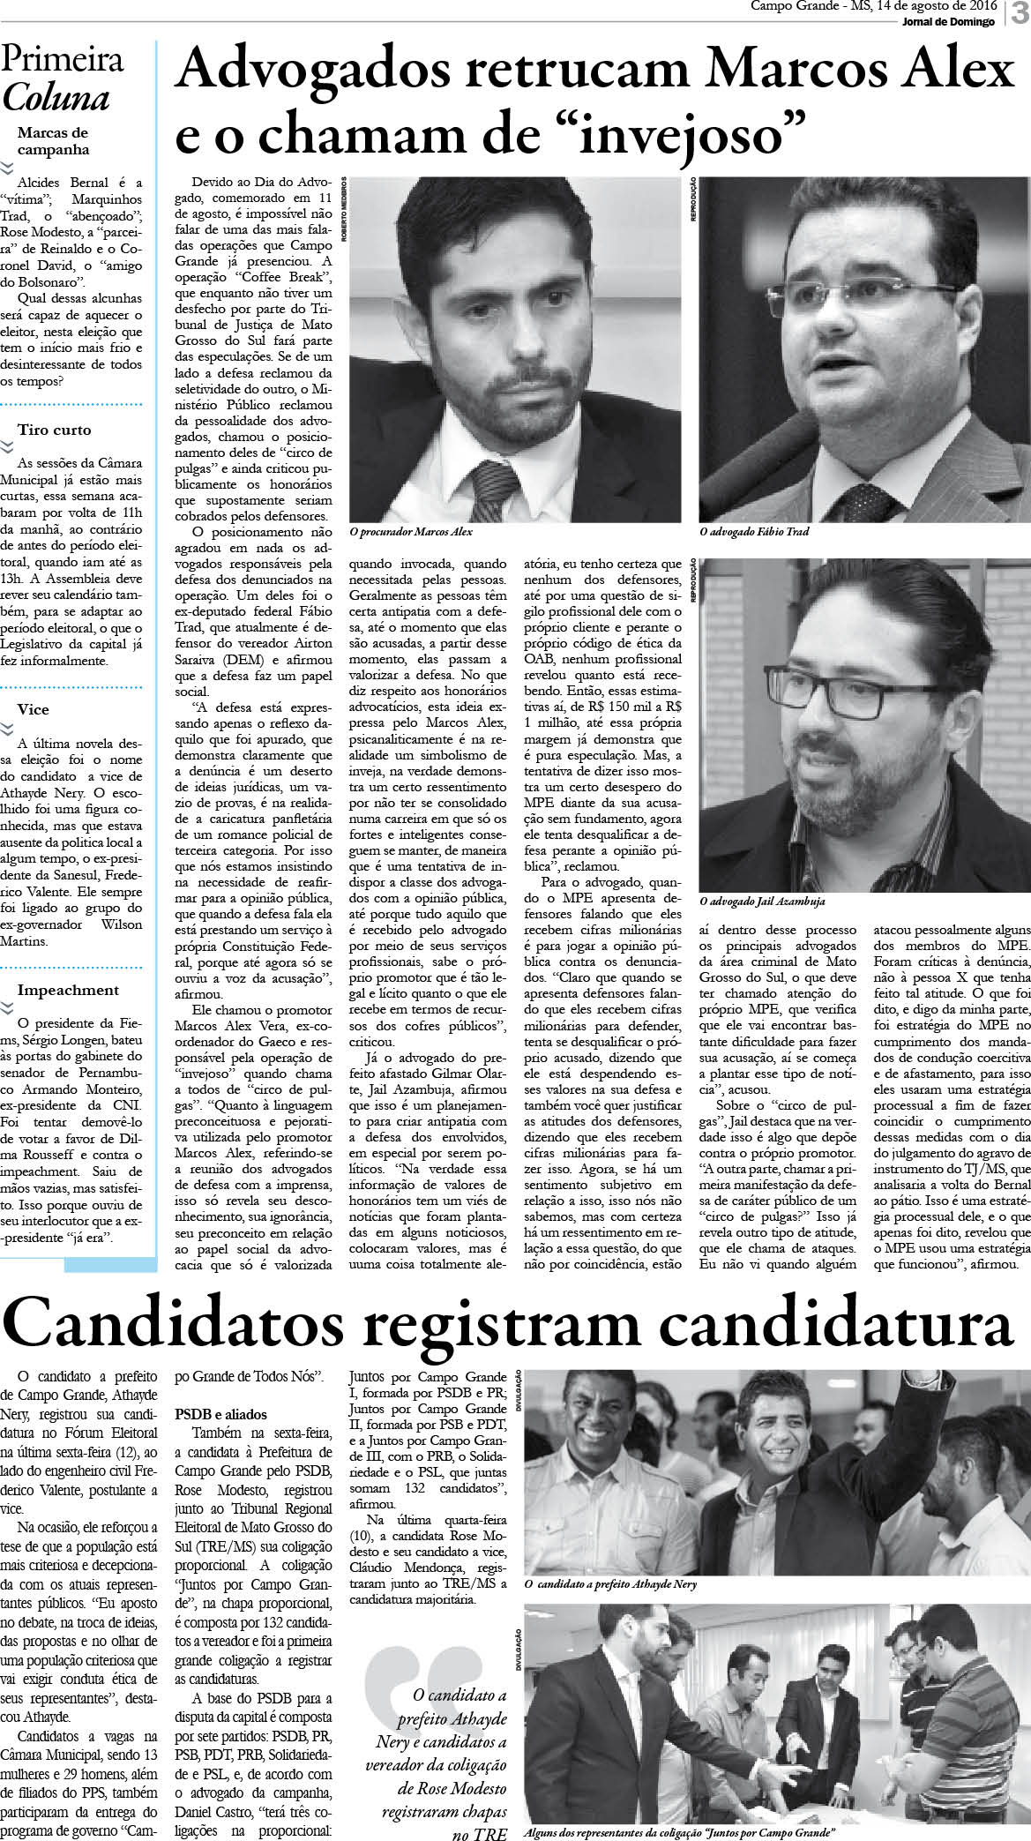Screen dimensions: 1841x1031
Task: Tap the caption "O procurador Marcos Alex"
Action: [411, 533]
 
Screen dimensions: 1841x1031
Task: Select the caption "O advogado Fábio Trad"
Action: [753, 532]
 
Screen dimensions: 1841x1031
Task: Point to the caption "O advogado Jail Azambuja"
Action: [763, 902]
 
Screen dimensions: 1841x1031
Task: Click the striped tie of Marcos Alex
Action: [488, 489]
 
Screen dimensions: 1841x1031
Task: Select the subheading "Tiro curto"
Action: [54, 430]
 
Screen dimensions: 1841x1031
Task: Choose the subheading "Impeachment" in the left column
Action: [68, 990]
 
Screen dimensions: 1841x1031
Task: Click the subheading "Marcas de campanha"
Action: [53, 140]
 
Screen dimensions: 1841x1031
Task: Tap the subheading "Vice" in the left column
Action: [34, 709]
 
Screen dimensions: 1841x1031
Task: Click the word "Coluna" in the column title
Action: [56, 98]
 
